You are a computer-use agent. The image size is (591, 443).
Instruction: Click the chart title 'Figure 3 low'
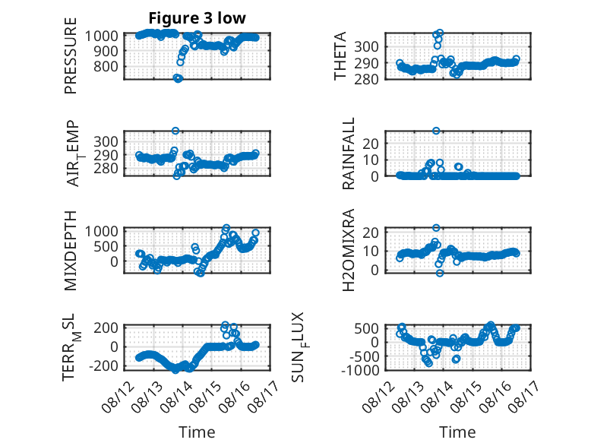pos(197,18)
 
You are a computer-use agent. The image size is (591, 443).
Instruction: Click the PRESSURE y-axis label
pos(71,55)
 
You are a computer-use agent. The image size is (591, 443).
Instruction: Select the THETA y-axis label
pos(340,55)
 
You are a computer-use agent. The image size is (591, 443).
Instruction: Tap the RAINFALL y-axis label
pos(348,153)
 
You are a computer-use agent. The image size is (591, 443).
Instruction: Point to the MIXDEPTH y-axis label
pos(71,250)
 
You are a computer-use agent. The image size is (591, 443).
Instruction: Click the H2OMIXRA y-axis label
pos(348,250)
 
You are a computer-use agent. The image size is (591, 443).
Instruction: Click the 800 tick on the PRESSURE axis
pos(106,67)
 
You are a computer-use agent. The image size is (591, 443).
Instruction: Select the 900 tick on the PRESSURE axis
pos(106,51)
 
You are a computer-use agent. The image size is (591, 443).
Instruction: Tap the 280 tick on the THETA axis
pos(366,79)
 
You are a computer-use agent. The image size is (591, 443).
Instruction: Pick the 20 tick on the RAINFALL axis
pos(370,144)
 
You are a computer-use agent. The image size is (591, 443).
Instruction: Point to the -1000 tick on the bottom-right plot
pos(360,370)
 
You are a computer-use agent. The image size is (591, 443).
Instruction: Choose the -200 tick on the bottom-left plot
pos(103,365)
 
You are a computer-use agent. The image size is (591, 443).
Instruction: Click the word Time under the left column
pos(197,432)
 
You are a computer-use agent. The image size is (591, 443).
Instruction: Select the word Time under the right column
pos(457,432)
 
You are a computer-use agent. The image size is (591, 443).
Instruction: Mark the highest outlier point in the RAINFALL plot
pos(436,131)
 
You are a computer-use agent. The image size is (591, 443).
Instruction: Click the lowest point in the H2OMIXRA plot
pos(440,273)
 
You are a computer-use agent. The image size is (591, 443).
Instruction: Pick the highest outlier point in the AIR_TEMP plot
pos(175,131)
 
